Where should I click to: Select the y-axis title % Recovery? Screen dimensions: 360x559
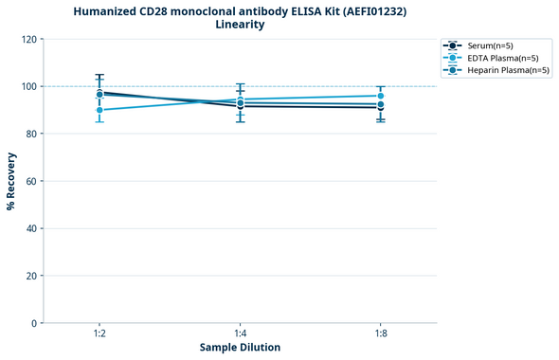tap(11, 180)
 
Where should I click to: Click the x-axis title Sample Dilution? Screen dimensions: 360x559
tap(240, 348)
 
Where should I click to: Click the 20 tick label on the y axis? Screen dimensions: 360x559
tap(29, 276)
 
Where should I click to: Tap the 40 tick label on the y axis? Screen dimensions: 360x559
tap(29, 228)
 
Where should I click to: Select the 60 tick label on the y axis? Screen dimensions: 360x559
tap(29, 181)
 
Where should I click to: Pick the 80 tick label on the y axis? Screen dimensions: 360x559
tap(29, 134)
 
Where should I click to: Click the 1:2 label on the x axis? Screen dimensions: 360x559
tap(99, 334)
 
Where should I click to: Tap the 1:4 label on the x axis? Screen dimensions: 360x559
tap(240, 334)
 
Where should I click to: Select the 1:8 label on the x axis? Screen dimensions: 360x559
tap(380, 334)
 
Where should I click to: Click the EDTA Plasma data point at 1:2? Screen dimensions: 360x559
tap(99, 110)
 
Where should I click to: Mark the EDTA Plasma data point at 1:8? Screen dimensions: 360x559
tap(380, 96)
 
